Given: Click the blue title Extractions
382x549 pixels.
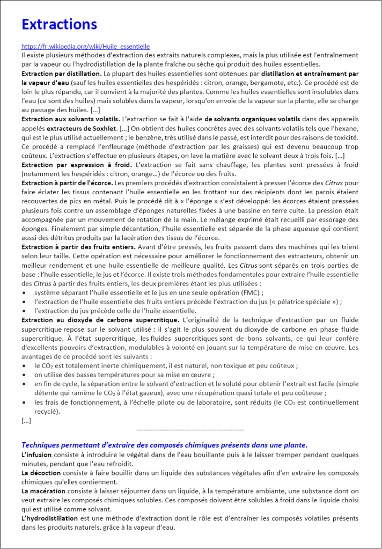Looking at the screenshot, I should (59, 25).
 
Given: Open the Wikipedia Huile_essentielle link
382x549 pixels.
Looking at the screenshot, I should (85, 47).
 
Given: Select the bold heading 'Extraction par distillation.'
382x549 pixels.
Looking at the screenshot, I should (61, 73).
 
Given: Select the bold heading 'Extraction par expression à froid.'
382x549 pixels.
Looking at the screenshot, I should (78, 164).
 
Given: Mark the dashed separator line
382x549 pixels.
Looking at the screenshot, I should (190, 430).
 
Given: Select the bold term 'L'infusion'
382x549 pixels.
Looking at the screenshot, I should (36, 455).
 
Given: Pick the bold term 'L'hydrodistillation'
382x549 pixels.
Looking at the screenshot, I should (49, 518).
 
